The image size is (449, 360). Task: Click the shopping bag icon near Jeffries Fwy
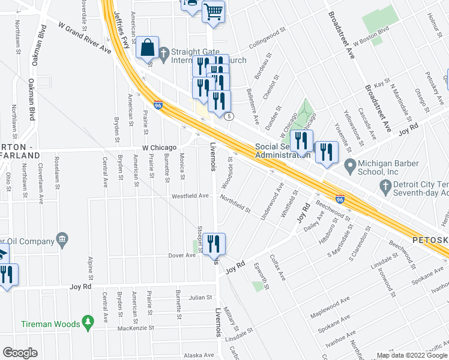(x=147, y=47)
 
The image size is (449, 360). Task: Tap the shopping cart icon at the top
(x=213, y=10)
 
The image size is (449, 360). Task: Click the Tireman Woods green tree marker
(x=88, y=323)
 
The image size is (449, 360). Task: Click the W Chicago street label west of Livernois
(x=159, y=148)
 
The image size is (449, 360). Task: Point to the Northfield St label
(x=235, y=203)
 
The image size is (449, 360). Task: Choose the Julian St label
(x=200, y=297)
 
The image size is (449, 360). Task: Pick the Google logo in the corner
(x=20, y=353)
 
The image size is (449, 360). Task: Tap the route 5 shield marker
(x=229, y=116)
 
